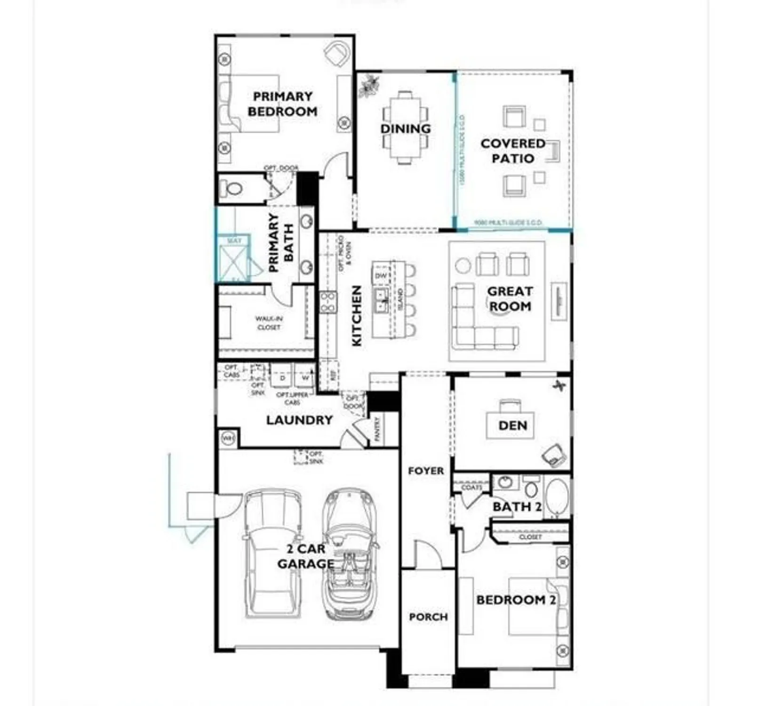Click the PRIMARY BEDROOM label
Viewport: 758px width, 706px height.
coord(282,104)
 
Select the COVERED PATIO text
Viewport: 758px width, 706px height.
coord(512,151)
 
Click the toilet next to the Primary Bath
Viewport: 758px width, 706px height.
coord(234,189)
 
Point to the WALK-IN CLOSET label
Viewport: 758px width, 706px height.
coord(269,323)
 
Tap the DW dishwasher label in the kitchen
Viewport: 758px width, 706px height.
coord(381,275)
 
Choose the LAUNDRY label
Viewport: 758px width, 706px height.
coord(299,420)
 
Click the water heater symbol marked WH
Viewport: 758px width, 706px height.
coord(228,439)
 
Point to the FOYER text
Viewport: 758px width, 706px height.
coord(425,471)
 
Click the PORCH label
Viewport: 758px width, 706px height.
coord(428,617)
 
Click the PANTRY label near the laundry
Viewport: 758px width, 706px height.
coord(377,429)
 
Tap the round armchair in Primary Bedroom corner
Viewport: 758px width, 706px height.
coord(337,54)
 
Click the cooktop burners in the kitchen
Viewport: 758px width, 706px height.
coord(328,302)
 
